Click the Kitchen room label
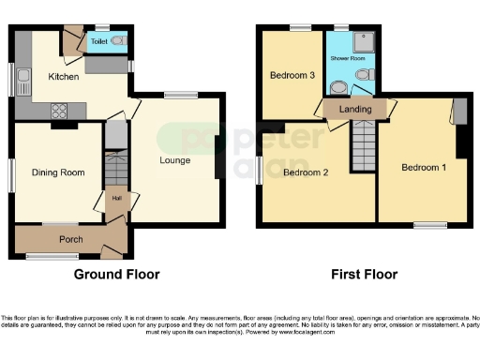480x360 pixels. (64, 77)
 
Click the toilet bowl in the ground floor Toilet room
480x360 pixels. (116, 41)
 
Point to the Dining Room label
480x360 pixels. (58, 172)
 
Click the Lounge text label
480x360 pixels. (174, 160)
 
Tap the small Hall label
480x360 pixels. (116, 198)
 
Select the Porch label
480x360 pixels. (71, 239)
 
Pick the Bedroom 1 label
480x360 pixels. (424, 167)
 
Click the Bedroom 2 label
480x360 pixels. (306, 172)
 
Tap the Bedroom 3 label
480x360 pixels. (292, 76)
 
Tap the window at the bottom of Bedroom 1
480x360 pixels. (430, 224)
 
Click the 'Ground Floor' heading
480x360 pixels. (116, 275)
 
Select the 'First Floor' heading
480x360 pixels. (364, 275)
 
